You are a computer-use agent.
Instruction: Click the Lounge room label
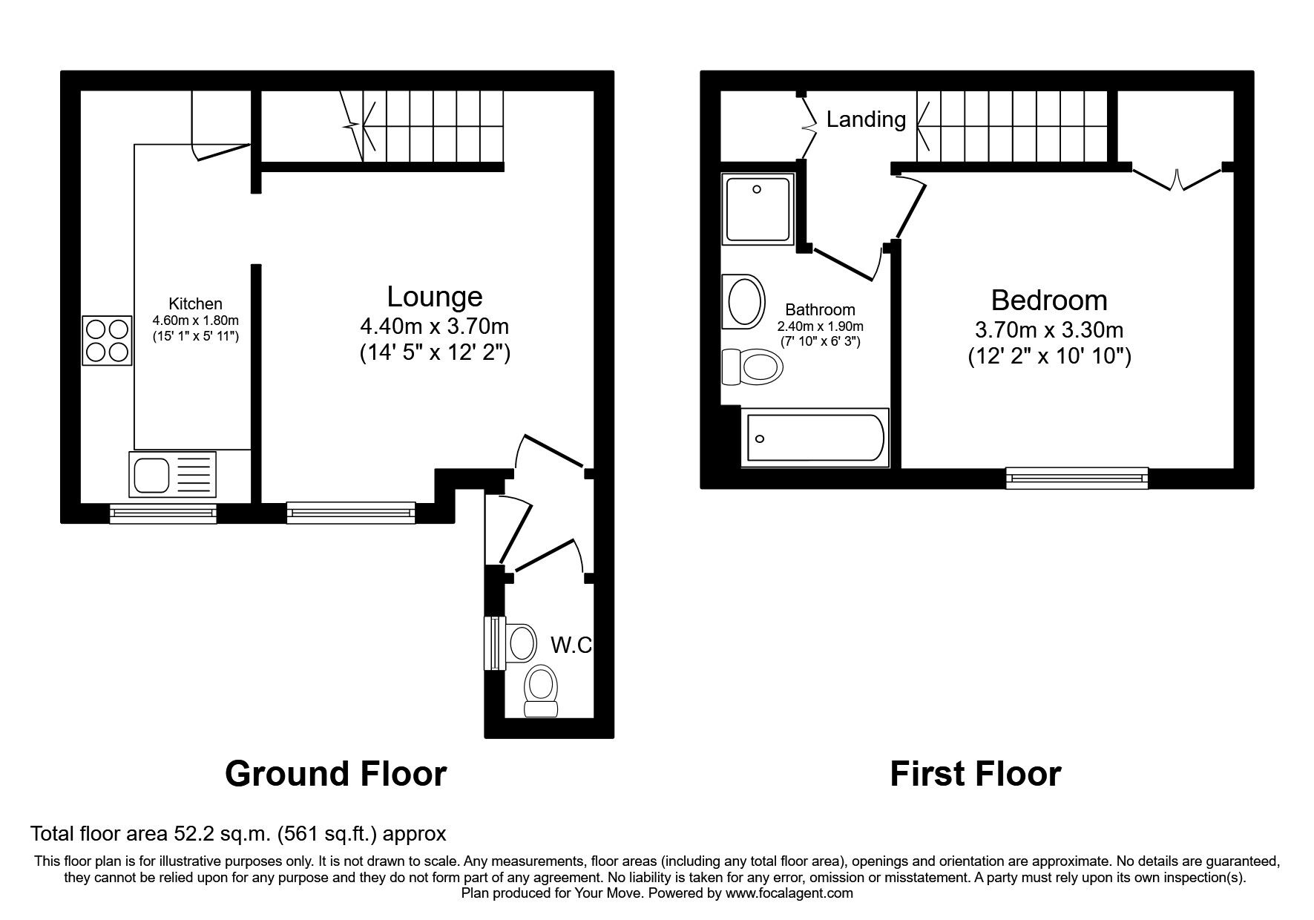[x=435, y=297]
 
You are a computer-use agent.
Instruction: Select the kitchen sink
[x=173, y=474]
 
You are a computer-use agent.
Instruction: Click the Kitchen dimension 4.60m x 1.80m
[x=195, y=321]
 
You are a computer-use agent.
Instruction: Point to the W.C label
[x=571, y=645]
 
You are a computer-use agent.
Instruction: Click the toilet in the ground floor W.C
[x=540, y=690]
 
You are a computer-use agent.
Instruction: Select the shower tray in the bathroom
[x=758, y=209]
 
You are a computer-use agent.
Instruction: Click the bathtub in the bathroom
[x=815, y=438]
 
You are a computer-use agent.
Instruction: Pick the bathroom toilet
[x=752, y=367]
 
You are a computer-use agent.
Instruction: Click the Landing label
[x=866, y=119]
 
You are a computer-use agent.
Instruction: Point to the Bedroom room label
[x=1049, y=300]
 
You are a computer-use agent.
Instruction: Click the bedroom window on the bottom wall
[x=1077, y=478]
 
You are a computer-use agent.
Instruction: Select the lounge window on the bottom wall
[x=350, y=512]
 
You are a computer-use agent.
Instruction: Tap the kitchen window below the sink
[x=163, y=513]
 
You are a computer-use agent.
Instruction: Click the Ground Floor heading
[x=335, y=773]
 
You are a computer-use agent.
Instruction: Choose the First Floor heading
[x=975, y=773]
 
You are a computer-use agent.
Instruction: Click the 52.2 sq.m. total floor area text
[x=237, y=834]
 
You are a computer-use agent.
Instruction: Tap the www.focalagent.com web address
[x=789, y=893]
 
